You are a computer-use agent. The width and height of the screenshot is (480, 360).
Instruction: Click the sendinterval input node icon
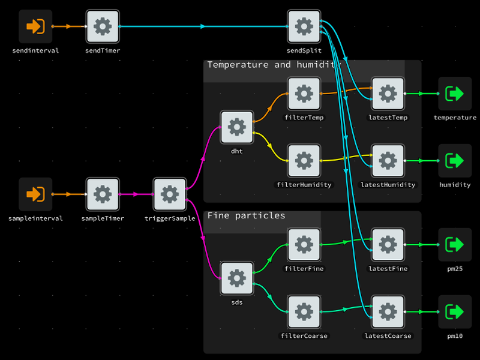(35, 26)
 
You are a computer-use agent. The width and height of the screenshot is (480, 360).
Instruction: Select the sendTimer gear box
(103, 26)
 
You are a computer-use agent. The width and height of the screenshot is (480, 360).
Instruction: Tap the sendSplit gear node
(304, 26)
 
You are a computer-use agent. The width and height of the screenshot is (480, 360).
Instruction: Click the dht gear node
(237, 127)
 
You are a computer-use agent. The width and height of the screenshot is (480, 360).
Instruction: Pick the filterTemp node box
(304, 94)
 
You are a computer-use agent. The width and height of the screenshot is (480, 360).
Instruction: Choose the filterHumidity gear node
(304, 161)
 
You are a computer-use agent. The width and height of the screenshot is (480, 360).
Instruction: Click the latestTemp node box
(388, 94)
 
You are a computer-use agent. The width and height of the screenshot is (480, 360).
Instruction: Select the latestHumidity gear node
(388, 161)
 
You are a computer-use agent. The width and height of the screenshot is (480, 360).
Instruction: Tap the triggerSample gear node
(170, 194)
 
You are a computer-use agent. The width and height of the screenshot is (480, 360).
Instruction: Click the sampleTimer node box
(103, 194)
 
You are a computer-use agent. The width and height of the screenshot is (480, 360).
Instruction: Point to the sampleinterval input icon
(35, 194)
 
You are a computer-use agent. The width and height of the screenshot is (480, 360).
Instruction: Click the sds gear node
(237, 278)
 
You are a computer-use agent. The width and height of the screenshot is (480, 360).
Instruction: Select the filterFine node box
(304, 245)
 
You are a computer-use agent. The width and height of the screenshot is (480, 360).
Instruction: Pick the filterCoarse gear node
(304, 311)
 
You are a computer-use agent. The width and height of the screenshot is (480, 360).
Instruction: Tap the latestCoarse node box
(388, 311)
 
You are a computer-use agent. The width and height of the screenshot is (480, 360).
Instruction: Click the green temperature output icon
(455, 94)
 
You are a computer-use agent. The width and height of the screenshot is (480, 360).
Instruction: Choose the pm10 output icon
(455, 311)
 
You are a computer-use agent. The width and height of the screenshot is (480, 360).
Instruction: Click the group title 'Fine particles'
(246, 215)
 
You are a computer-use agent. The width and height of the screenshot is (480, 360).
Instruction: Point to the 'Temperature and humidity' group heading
(274, 65)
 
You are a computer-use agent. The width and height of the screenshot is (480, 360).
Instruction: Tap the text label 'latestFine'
(388, 268)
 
